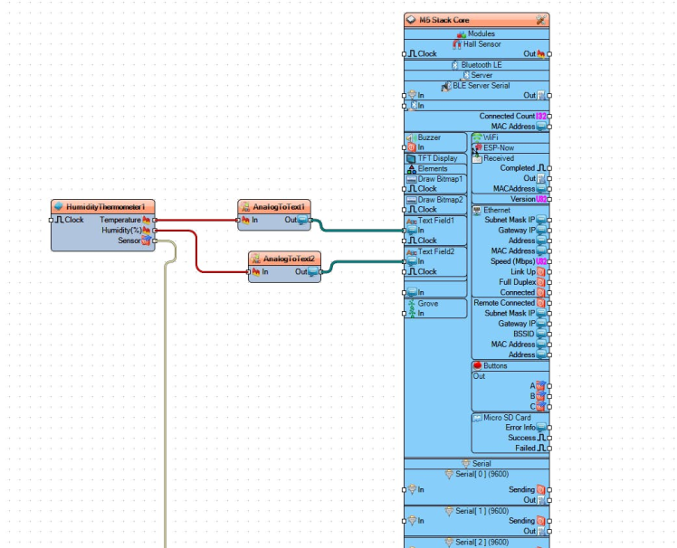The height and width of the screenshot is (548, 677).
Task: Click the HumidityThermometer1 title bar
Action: (103, 207)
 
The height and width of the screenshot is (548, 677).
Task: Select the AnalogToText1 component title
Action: (281, 206)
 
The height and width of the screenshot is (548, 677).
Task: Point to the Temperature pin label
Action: (120, 220)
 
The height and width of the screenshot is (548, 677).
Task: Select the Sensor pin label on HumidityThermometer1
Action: (129, 241)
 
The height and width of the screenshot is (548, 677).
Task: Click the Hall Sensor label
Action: (482, 43)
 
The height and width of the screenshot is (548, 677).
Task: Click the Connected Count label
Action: (507, 117)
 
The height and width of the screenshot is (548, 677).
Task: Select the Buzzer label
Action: (429, 137)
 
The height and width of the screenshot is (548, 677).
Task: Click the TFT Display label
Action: (437, 158)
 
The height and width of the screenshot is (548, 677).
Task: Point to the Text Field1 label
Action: (435, 220)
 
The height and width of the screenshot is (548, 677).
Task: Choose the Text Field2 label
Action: (435, 251)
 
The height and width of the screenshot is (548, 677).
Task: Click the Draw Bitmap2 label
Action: (440, 199)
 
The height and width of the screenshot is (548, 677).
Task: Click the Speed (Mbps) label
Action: (513, 261)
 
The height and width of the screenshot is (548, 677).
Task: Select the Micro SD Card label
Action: (506, 417)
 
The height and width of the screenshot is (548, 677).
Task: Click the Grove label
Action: (427, 304)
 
